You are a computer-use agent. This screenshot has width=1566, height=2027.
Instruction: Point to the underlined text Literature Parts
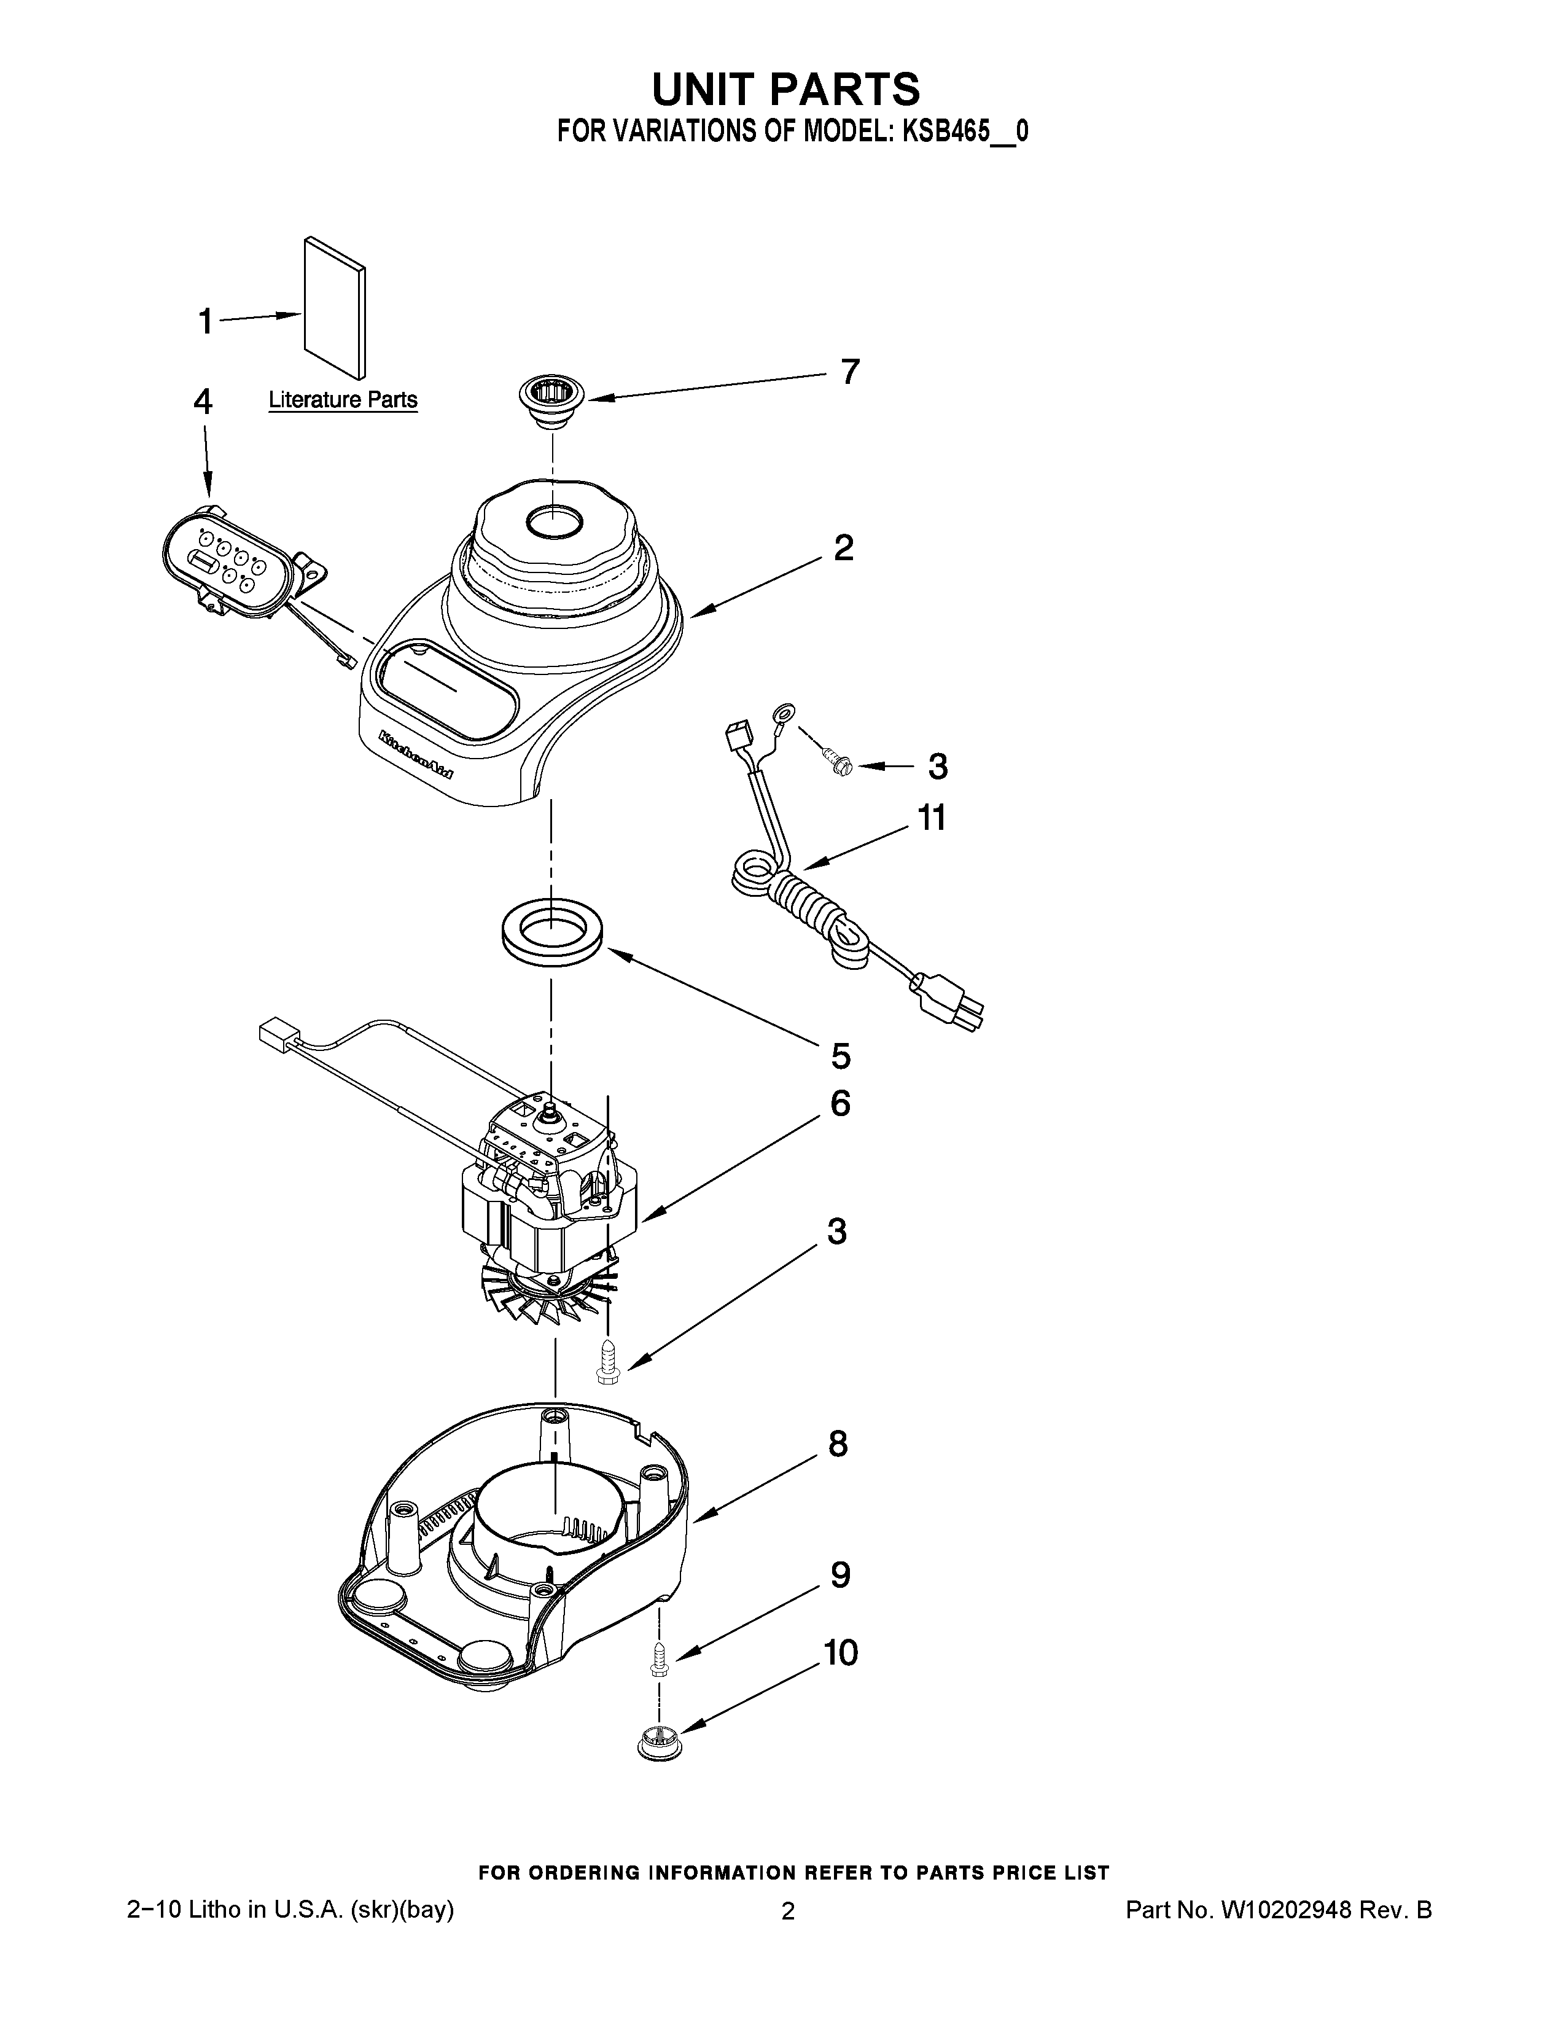click(x=342, y=400)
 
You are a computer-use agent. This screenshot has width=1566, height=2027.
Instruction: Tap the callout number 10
click(x=841, y=1653)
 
